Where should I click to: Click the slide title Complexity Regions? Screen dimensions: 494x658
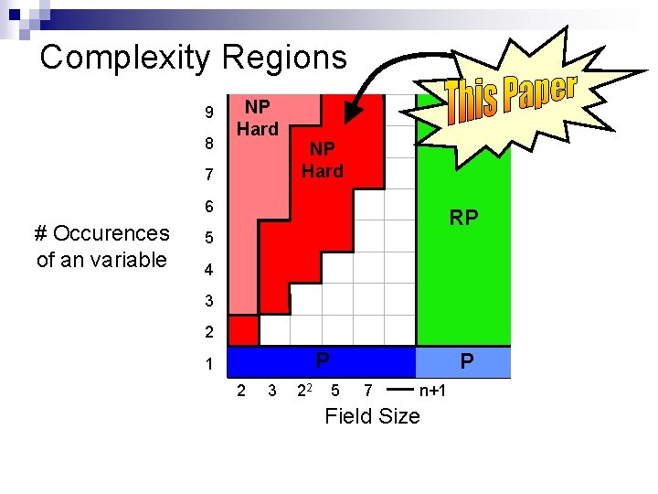coord(194,58)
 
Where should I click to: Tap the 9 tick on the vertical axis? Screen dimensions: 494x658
coord(209,113)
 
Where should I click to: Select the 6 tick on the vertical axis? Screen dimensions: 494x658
coord(209,207)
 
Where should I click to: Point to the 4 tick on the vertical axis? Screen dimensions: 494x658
coord(209,270)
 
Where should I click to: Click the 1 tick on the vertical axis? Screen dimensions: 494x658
coord(209,364)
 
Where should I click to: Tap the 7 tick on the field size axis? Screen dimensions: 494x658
coord(366,392)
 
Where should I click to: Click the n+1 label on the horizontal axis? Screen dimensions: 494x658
coord(432,392)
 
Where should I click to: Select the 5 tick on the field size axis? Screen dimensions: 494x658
coord(335,392)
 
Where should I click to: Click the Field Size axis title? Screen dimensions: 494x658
coord(372,416)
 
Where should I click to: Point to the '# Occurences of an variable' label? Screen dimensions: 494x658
coord(101,246)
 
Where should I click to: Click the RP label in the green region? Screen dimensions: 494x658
coord(463,218)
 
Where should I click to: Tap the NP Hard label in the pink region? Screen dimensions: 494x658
coord(258,118)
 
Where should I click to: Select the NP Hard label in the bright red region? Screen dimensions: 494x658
coord(323,159)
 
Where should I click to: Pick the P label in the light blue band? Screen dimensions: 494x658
coord(467,362)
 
